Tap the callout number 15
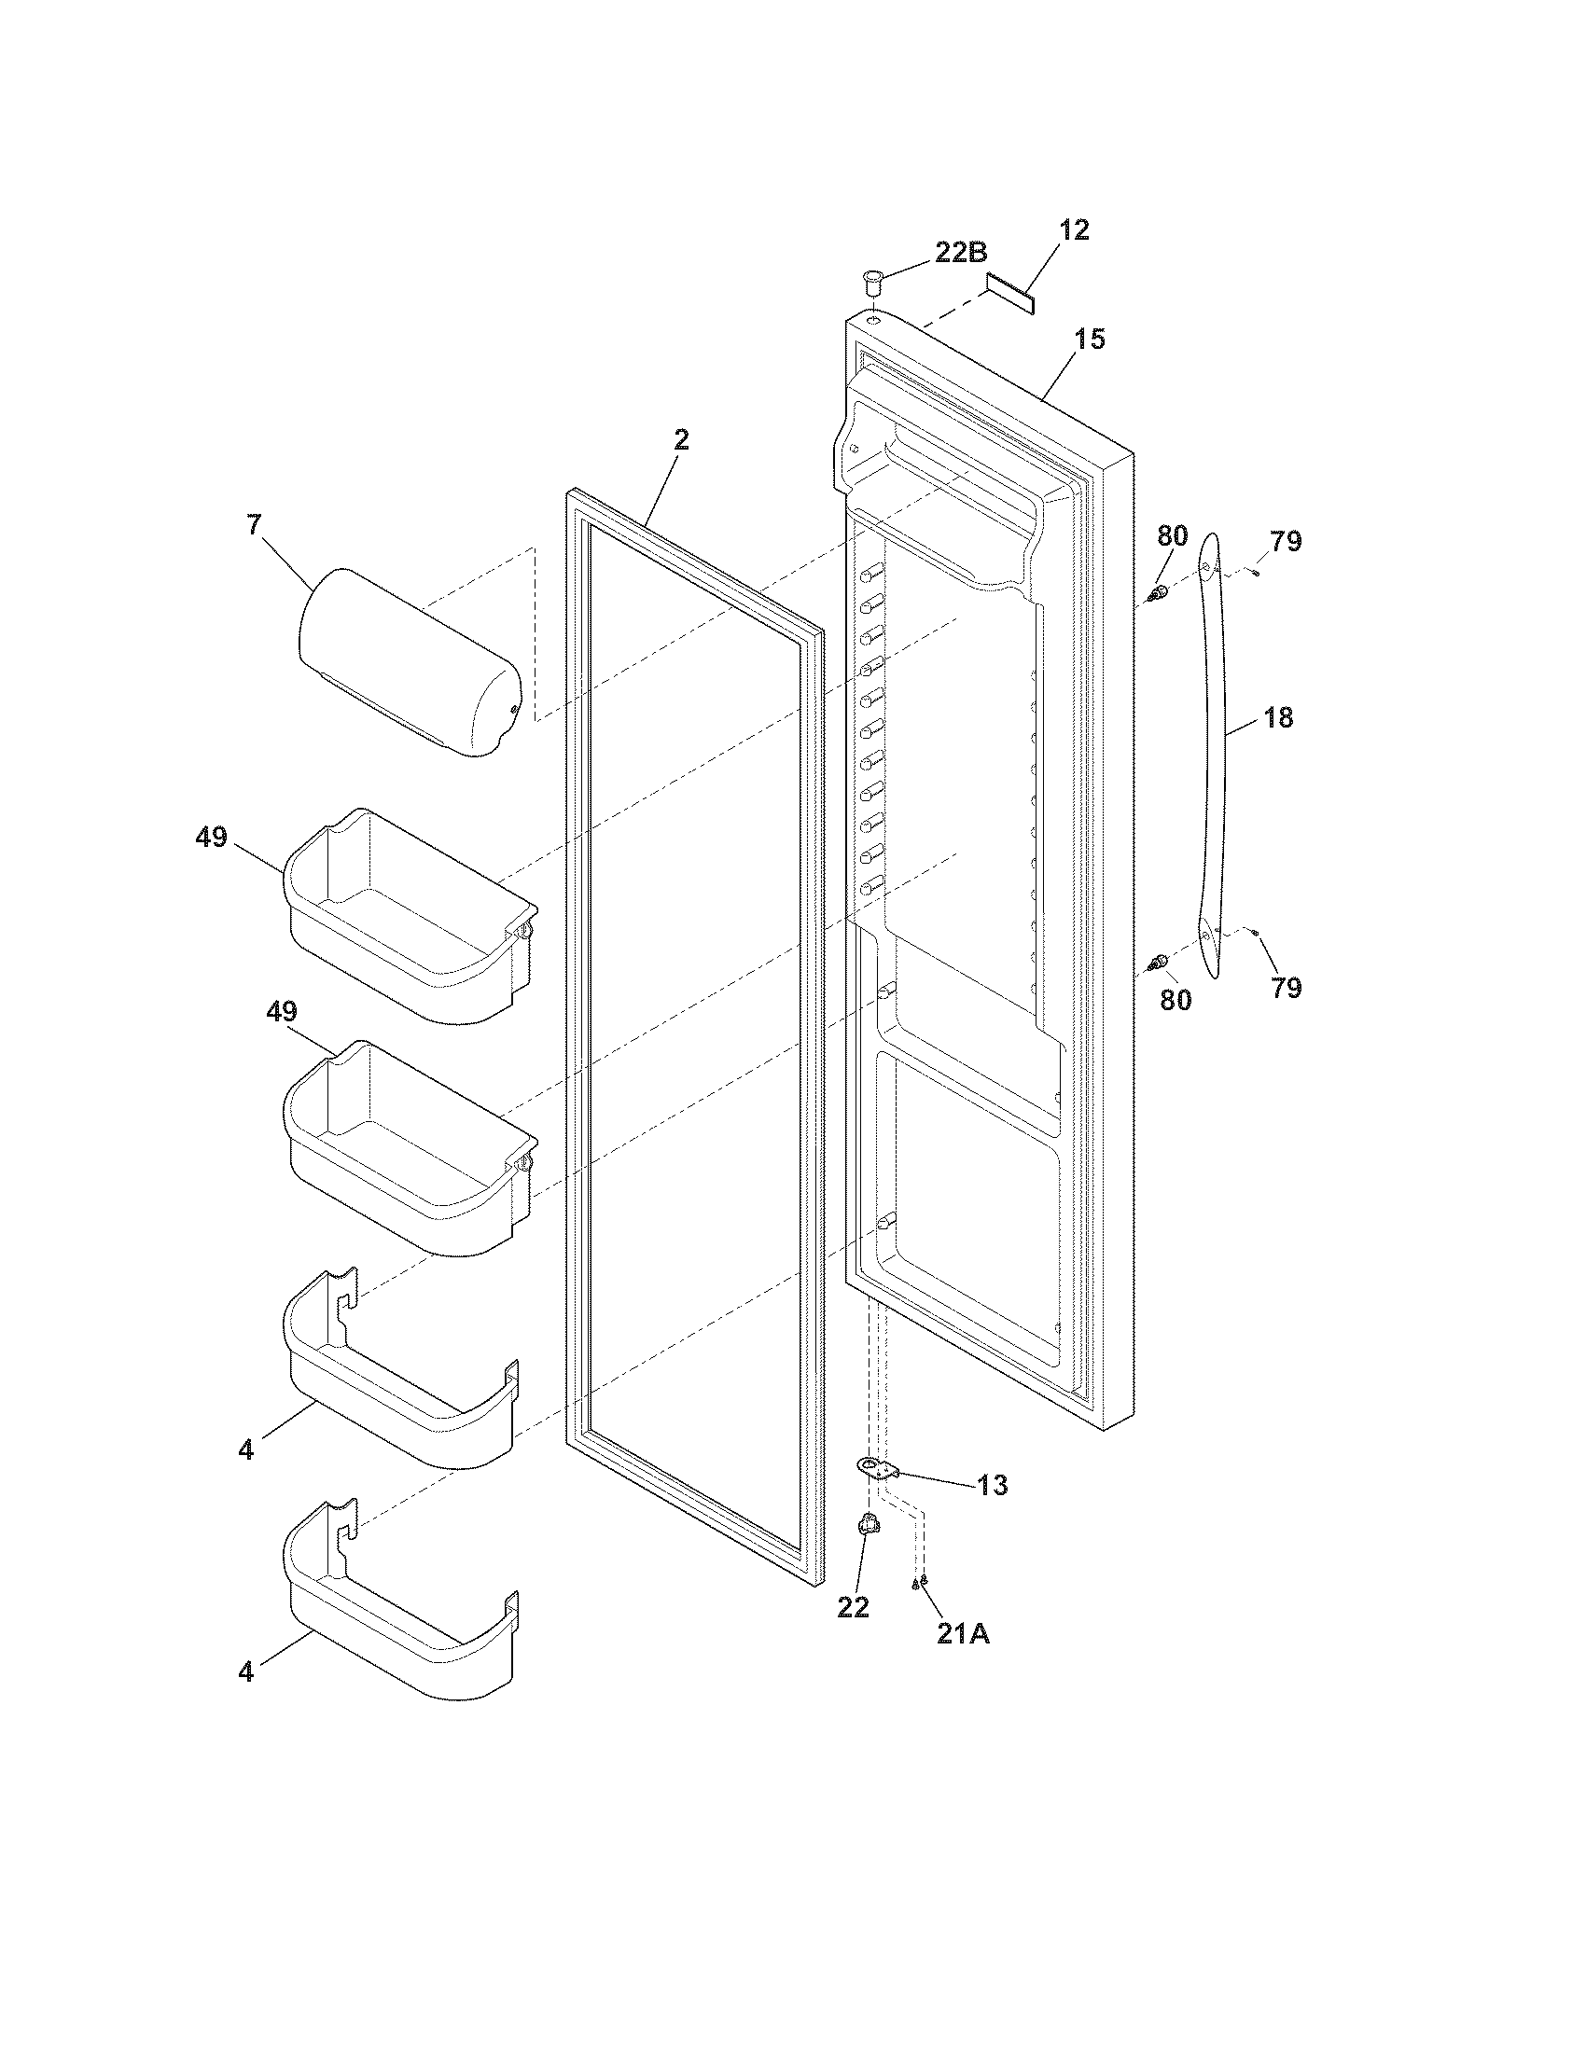[x=1090, y=340]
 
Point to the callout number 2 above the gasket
[x=681, y=439]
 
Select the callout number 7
[x=254, y=525]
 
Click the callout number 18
[x=1278, y=718]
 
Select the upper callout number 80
[x=1172, y=536]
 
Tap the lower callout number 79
[x=1286, y=988]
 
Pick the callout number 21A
[x=963, y=1634]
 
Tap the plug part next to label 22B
[x=874, y=279]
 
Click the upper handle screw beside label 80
[x=1158, y=593]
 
